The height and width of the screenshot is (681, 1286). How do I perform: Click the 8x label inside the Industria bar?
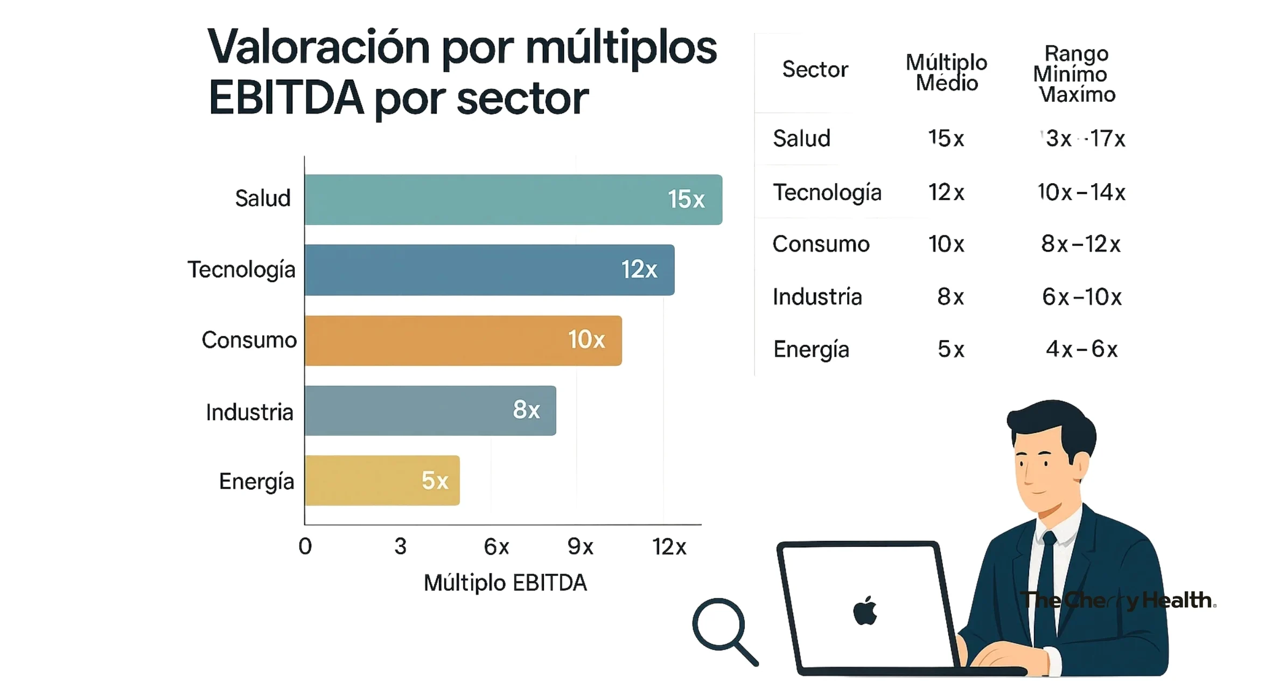coord(526,410)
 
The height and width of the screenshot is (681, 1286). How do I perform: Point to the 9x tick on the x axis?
coord(580,547)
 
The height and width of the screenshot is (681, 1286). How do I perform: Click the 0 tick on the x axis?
coord(305,546)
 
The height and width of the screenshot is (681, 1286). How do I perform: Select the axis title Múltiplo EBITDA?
coord(505,583)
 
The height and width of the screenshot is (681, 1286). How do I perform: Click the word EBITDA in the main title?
coord(286,99)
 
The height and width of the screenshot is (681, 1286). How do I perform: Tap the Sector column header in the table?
coord(815,70)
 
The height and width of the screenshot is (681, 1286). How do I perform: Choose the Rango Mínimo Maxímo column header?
coord(1075,74)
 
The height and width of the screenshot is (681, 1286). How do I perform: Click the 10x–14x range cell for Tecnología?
coord(1081,192)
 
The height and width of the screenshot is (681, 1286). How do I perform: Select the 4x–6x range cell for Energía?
coord(1081,349)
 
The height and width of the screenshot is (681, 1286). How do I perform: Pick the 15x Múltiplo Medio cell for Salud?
coord(946,138)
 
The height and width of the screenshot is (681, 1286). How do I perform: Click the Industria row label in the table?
coord(817,297)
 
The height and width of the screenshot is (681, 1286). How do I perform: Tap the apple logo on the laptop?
coord(865,611)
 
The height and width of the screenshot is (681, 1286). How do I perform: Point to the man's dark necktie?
coord(1046,582)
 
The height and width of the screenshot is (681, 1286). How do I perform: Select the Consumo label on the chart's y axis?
coord(249,340)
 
